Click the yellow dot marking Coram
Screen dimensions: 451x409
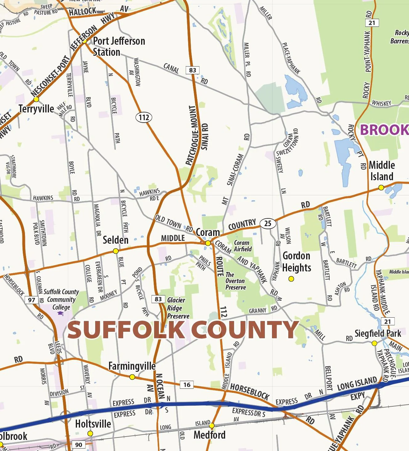point(208,243)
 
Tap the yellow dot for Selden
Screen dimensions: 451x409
point(116,251)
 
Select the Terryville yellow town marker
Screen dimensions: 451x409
point(36,99)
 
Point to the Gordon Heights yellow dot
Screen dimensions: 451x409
point(291,279)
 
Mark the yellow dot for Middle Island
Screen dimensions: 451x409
point(381,188)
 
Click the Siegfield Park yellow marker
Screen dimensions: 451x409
point(375,343)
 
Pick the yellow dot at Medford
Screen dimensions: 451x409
point(212,426)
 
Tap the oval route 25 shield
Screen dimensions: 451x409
point(268,223)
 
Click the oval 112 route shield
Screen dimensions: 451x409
point(144,117)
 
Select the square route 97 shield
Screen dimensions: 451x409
point(31,300)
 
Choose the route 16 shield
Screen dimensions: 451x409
point(187,384)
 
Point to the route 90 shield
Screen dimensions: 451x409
point(79,445)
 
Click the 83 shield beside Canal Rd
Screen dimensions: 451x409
point(192,70)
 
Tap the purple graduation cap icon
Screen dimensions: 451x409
point(60,314)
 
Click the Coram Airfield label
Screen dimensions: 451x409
point(242,246)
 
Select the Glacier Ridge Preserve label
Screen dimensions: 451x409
point(178,308)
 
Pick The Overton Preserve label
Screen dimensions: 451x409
point(236,281)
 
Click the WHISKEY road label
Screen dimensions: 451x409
point(381,103)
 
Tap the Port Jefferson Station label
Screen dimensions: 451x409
point(119,47)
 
